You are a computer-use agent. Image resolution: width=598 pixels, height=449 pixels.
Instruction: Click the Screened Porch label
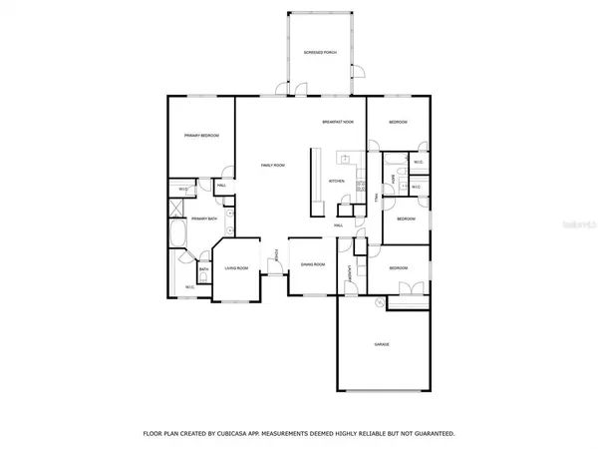pos(321,52)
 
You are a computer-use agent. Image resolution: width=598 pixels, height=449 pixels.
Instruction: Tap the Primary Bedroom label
pos(200,136)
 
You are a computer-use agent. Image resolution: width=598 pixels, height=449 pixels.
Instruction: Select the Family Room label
pos(273,166)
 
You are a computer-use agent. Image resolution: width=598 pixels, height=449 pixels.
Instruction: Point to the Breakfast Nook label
pos(337,122)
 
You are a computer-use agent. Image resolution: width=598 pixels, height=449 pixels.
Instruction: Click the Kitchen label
pos(336,181)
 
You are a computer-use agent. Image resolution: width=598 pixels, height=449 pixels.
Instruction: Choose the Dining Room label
pos(313,265)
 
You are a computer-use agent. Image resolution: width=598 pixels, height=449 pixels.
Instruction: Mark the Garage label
pos(382,344)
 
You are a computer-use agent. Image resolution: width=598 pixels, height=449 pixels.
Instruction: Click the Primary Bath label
pos(204,218)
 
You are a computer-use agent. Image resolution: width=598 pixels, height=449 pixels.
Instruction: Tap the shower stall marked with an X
pos(176,209)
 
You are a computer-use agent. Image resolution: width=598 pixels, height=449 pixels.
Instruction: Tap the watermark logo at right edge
pos(579,226)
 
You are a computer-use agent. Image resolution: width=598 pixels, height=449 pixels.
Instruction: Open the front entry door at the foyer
pos(271,282)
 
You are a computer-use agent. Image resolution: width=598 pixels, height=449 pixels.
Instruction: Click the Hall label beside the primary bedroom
pos(220,185)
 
